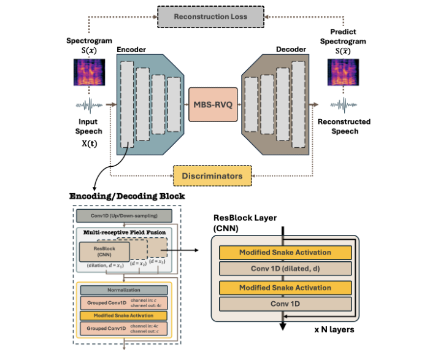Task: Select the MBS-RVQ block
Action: coord(212,104)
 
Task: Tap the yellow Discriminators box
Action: coord(212,175)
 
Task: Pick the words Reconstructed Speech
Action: coord(344,126)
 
